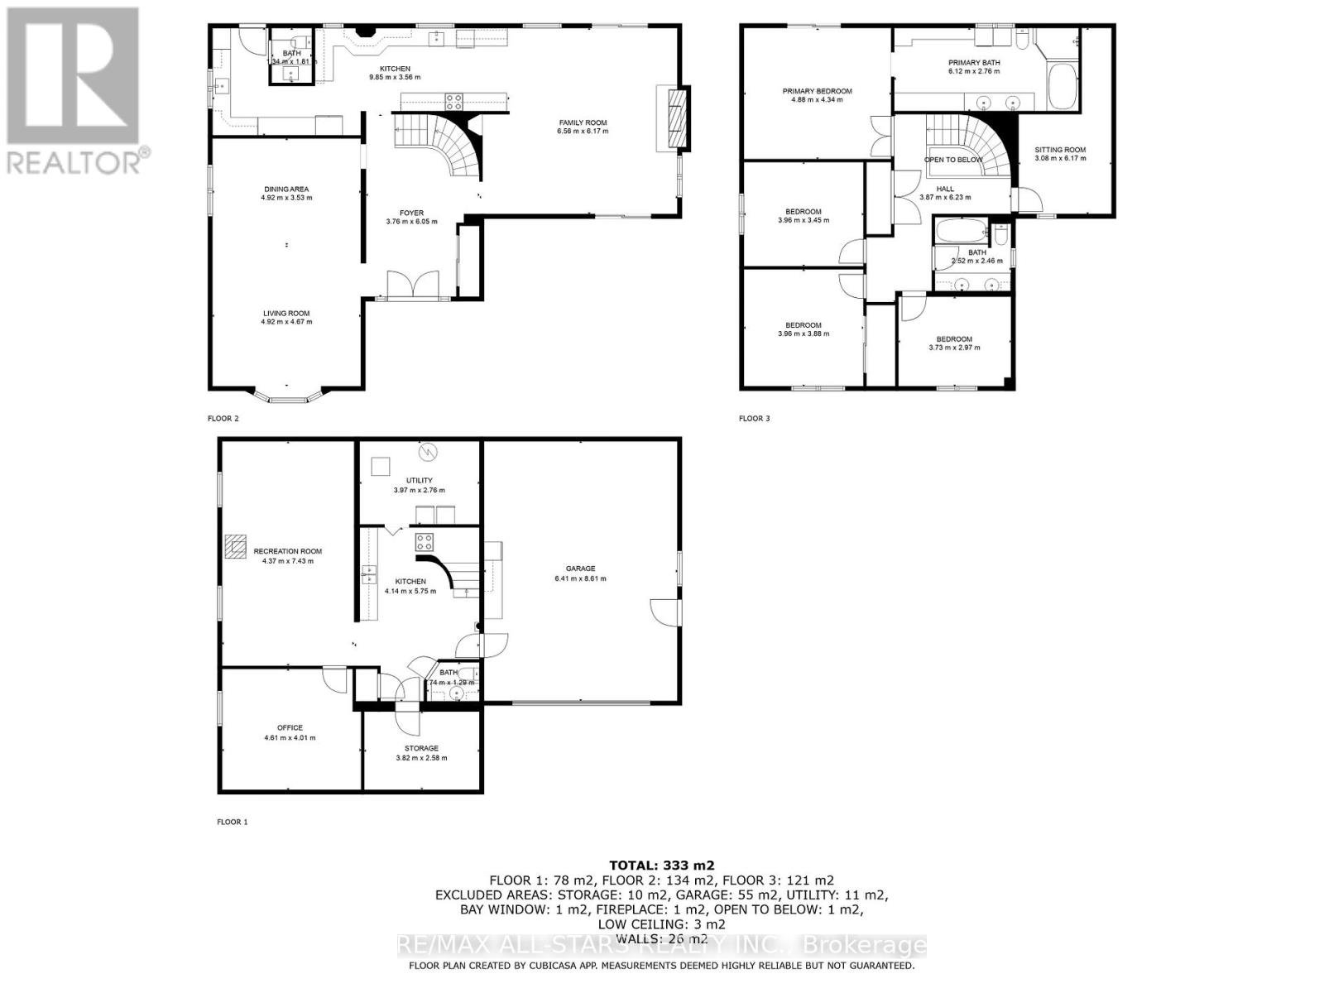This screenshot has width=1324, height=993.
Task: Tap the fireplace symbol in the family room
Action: (x=677, y=118)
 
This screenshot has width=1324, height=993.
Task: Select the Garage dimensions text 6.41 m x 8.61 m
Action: (x=580, y=578)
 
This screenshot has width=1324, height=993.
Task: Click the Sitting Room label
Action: (x=1060, y=150)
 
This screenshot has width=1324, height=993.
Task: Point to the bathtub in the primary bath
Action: (x=1062, y=88)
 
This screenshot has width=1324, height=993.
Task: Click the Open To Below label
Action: (x=953, y=160)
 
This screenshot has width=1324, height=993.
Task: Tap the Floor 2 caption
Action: (x=223, y=419)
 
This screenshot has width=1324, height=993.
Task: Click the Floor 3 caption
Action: (x=754, y=419)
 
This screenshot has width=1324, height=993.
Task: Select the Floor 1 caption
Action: (x=232, y=822)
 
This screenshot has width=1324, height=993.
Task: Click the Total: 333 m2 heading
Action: (x=661, y=866)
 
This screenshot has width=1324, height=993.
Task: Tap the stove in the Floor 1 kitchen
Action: (x=425, y=542)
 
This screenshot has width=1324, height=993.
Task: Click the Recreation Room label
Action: (x=287, y=551)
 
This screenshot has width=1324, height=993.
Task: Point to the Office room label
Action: (x=290, y=728)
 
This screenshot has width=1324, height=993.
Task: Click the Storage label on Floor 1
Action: (x=421, y=748)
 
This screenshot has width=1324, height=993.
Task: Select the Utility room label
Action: (x=419, y=481)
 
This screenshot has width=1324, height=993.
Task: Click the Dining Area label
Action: (x=286, y=189)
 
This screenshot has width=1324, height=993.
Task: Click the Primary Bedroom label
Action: (x=817, y=91)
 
